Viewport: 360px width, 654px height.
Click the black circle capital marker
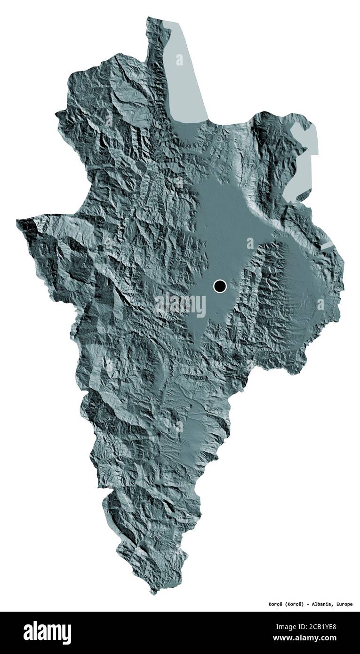point(220,286)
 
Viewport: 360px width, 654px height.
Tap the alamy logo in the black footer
point(47,633)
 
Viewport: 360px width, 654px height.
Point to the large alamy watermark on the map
point(180,305)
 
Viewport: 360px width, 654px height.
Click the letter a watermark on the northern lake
point(179,60)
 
